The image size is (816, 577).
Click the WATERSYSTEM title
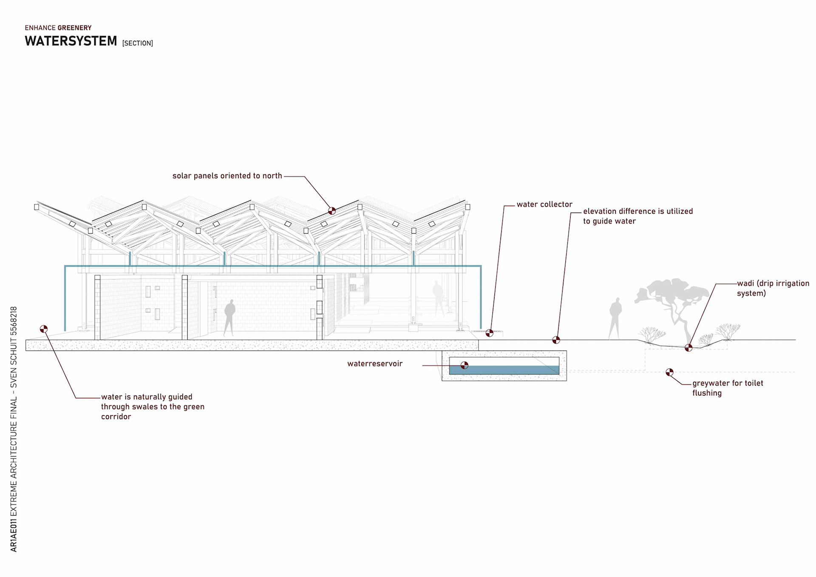point(71,41)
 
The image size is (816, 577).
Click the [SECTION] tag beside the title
point(137,43)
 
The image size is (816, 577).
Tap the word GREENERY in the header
point(74,28)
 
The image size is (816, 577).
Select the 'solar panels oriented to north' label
point(227,176)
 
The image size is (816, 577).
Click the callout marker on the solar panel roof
point(332,210)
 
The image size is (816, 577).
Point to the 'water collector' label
point(544,205)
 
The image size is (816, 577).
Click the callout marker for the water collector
point(490,333)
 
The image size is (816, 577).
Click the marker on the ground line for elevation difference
point(556,340)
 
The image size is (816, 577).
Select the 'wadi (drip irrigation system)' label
point(773,288)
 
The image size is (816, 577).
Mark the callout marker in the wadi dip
point(688,348)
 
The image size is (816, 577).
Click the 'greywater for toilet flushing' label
point(727,388)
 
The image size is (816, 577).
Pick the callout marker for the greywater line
point(669,372)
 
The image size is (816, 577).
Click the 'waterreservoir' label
point(374,364)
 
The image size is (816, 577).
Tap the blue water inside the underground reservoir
point(510,370)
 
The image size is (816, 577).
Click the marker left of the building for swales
point(44,329)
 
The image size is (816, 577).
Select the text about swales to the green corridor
point(152,406)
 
